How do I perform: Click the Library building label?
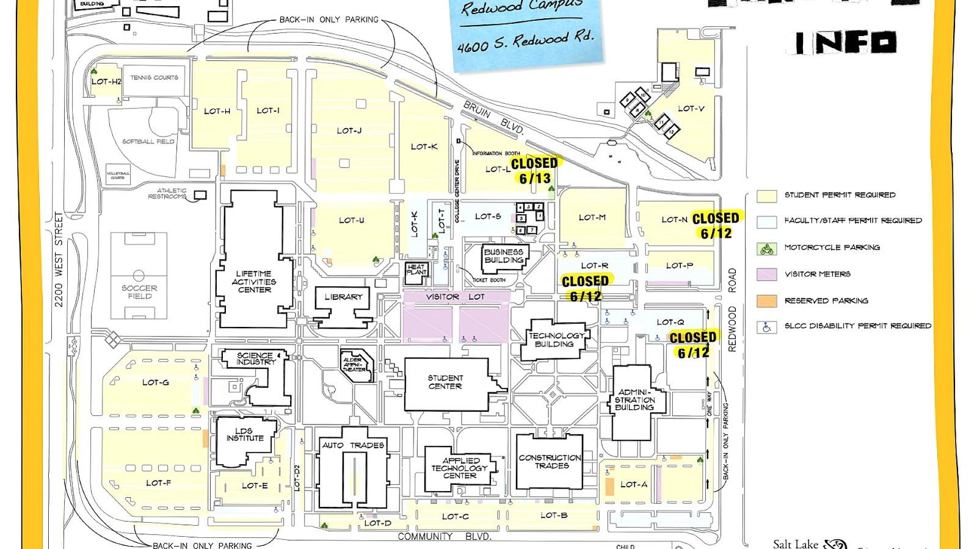pos(343,297)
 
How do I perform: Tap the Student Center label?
pos(445,382)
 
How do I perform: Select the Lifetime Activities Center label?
pos(254,282)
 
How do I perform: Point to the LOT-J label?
pos(349,131)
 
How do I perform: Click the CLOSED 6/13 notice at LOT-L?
pos(534,171)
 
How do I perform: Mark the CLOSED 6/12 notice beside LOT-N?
pos(716,226)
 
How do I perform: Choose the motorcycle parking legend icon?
pos(766,248)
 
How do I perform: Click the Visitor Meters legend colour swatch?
pos(766,274)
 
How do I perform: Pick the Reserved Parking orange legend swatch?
pos(766,301)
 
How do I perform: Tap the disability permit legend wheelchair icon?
pos(766,328)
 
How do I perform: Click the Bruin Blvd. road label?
pos(493,117)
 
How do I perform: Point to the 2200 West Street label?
pos(59,259)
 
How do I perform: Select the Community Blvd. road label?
pos(445,537)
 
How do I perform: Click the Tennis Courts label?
pos(154,77)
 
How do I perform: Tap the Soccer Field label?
pos(139,292)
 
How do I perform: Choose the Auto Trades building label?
pos(353,445)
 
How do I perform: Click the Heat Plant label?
pos(416,269)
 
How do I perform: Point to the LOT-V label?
pos(691,109)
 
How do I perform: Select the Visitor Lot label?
pos(455,296)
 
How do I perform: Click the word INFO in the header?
pos(846,43)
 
